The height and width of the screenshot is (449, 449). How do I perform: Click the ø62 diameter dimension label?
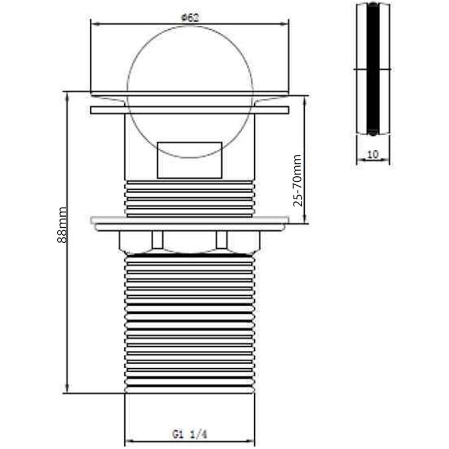[x=190, y=18]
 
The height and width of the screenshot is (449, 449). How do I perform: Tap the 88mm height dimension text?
[x=62, y=225]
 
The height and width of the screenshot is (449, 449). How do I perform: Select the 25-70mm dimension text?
[x=297, y=180]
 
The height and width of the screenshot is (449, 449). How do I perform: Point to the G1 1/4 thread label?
[x=190, y=434]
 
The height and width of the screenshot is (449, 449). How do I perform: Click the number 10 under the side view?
[x=373, y=154]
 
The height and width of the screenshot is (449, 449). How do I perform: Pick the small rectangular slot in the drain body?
[x=190, y=161]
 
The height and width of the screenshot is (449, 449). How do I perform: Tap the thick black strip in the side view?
[x=373, y=68]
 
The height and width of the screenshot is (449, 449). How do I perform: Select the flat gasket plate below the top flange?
[x=190, y=110]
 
